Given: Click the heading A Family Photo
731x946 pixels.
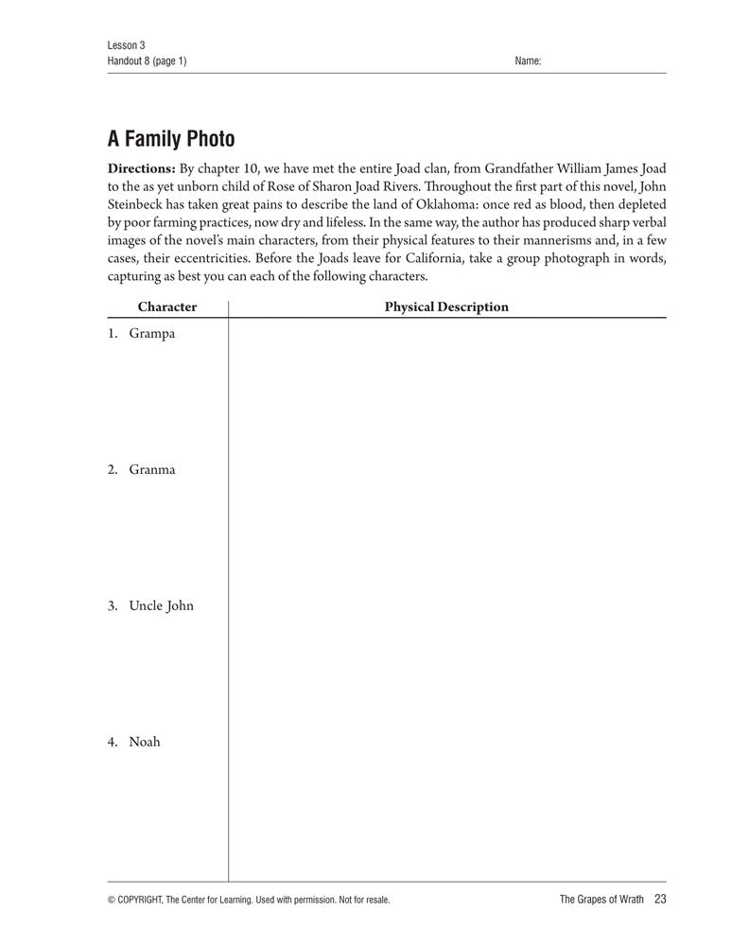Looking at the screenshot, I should click(x=171, y=140).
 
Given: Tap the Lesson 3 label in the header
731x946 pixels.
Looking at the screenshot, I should click(x=126, y=45).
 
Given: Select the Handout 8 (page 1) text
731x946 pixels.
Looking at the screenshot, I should click(x=148, y=61).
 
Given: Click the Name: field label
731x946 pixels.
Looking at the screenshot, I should click(x=528, y=61).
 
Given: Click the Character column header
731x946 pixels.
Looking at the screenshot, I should click(x=167, y=307).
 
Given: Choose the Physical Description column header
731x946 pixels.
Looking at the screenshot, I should click(x=446, y=307).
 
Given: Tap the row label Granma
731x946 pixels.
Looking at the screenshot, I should click(x=152, y=470).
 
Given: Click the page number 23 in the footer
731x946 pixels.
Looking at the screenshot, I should click(x=660, y=900).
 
